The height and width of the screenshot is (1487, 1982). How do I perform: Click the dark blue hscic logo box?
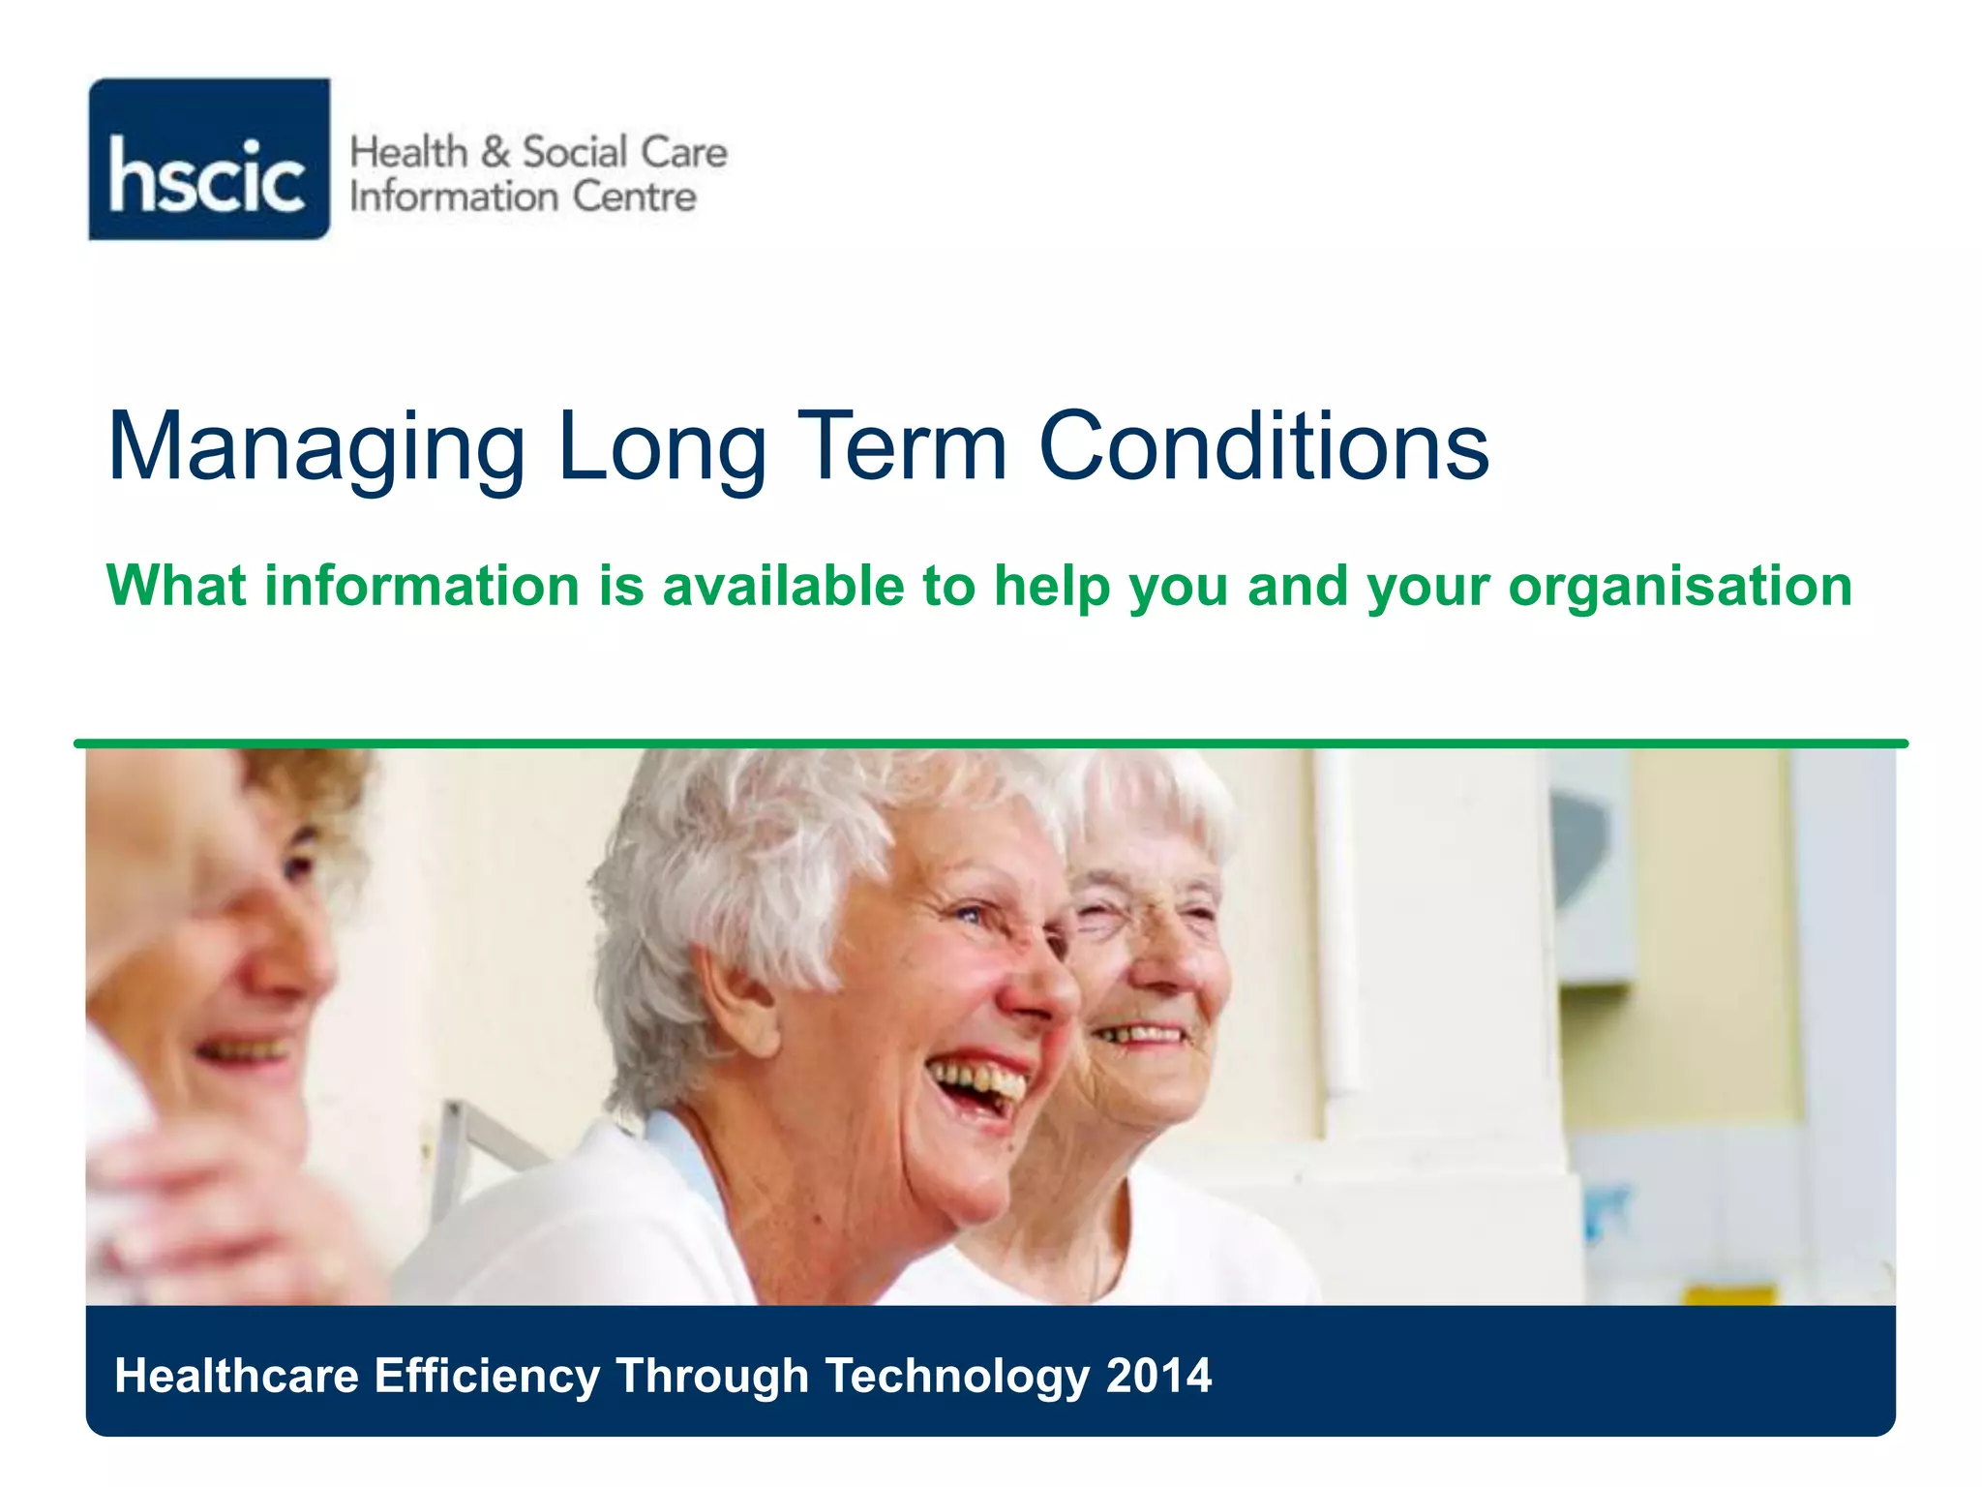(x=209, y=160)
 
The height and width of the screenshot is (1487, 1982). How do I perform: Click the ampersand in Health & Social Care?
(x=495, y=153)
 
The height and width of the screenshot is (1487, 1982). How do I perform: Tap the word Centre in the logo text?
(x=634, y=197)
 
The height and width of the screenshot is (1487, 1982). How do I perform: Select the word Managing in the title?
(x=316, y=448)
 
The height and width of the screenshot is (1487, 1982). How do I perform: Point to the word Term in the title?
(x=906, y=446)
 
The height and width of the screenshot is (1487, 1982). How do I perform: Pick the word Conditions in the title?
(x=1263, y=446)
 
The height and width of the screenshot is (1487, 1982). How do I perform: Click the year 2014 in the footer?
(x=1158, y=1376)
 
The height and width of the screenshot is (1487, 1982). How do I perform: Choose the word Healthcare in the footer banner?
(x=236, y=1376)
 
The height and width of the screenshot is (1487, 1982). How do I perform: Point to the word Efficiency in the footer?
(x=487, y=1376)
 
